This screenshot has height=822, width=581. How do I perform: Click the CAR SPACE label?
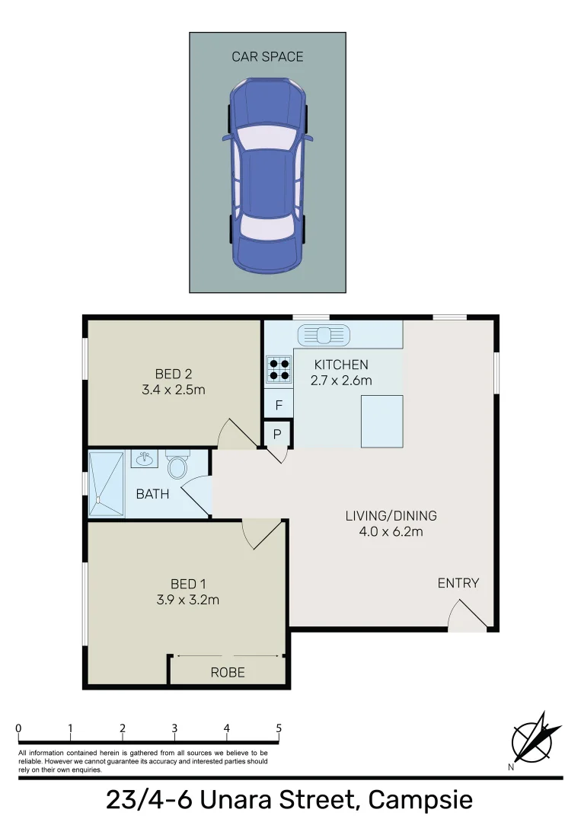pos(267,56)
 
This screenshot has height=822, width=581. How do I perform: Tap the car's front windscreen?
pos(267,138)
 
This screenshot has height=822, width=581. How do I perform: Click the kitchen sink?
pos(324,333)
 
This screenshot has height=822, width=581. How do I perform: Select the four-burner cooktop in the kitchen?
pos(278,368)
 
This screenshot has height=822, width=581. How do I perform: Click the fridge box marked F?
pos(279,405)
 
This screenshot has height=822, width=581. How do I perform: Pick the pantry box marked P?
pos(278,434)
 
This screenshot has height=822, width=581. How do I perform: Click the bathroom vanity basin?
pos(143,458)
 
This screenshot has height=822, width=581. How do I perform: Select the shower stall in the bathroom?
pos(105,484)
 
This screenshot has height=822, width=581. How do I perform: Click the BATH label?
pos(152,494)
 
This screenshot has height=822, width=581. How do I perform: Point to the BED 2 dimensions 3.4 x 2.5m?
pos(174,389)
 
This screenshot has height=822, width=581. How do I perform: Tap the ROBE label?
pos(228,673)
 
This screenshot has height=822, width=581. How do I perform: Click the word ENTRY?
pos(458,583)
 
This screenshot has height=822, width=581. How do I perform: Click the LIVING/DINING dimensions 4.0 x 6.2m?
pos(391,531)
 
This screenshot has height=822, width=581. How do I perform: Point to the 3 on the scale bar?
pos(174,728)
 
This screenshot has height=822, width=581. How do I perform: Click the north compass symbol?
pos(536,738)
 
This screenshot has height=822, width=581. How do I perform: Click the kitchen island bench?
pos(381,422)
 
